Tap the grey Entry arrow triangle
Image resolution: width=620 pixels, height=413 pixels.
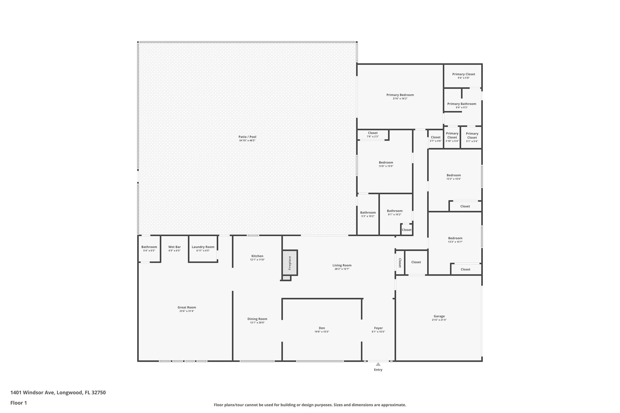(378, 364)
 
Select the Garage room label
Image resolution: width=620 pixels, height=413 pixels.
(439, 316)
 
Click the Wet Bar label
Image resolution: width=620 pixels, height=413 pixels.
(174, 247)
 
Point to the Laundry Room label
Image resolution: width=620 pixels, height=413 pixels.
(203, 247)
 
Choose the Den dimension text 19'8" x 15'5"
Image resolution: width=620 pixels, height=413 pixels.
(322, 332)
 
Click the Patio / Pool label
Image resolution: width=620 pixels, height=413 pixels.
(247, 137)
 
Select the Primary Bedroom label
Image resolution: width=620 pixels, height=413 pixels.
(400, 95)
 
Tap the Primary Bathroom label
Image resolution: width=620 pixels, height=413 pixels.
(462, 104)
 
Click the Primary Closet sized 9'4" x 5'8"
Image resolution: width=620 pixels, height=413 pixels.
(463, 76)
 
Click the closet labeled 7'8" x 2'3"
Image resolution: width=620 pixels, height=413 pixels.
(373, 135)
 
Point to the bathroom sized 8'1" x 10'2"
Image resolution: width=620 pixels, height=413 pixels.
(394, 212)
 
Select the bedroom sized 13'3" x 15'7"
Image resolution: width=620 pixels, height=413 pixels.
(455, 240)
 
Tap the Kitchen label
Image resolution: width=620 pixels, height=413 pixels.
(257, 256)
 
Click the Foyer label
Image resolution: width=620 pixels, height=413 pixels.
(378, 328)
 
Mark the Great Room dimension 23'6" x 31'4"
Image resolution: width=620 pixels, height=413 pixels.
(187, 311)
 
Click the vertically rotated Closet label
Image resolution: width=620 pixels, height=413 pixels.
(400, 263)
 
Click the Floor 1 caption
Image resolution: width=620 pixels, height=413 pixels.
(18, 403)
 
